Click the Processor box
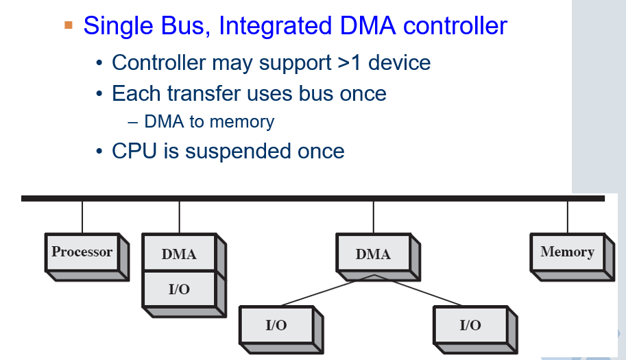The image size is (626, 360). (82, 252)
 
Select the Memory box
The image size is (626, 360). (567, 252)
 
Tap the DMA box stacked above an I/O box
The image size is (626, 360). (179, 254)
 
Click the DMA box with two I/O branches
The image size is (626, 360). (373, 254)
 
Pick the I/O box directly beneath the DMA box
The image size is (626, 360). (179, 289)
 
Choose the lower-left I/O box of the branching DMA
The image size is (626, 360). (276, 325)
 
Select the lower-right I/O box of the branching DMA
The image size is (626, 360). (470, 325)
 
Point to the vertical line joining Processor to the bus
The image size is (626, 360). (82, 217)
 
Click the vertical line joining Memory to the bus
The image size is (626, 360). (568, 217)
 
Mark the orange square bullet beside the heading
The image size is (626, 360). (68, 25)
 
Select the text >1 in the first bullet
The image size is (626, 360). (350, 63)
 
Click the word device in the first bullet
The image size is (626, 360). (400, 63)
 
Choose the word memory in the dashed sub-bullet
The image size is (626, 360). (242, 122)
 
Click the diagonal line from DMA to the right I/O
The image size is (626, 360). (418, 291)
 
